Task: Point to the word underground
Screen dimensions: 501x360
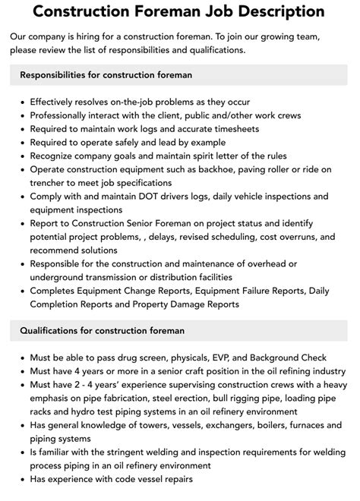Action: coord(60,277)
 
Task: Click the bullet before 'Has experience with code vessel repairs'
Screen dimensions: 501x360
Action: coord(23,480)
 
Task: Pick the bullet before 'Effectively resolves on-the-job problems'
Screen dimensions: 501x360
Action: coord(23,102)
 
